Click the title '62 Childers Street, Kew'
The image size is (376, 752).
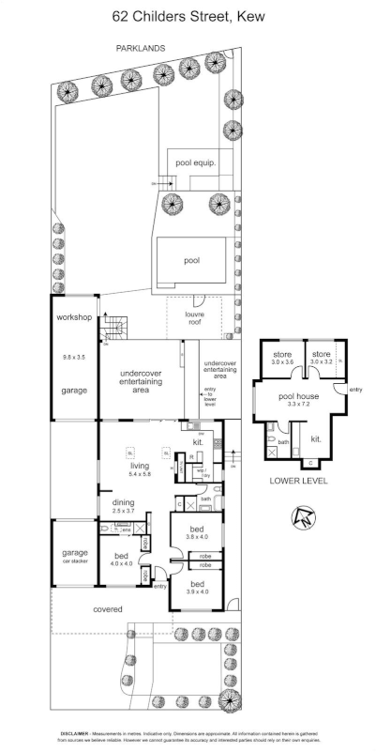point(188,15)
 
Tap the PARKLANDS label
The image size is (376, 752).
point(140,46)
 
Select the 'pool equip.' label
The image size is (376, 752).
point(196,161)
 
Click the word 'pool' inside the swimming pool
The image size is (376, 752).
point(191,262)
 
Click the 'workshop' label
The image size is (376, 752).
point(73,318)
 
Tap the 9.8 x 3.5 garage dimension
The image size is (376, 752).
point(73,357)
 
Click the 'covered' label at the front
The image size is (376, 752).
point(107,609)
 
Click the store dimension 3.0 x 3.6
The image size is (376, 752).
point(282,361)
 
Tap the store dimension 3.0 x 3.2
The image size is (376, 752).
point(322,361)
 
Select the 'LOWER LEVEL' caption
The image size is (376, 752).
point(297,480)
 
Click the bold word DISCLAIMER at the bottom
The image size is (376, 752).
point(76,732)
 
